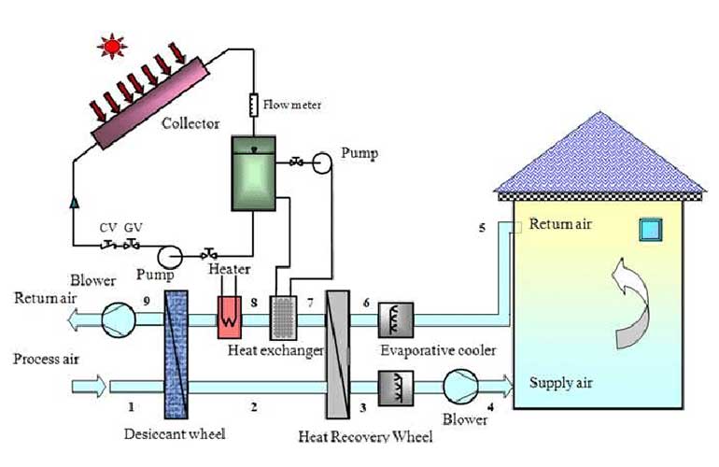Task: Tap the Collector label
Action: (x=190, y=123)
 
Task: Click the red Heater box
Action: (x=230, y=316)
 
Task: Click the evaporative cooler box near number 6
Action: (x=395, y=318)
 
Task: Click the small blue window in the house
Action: (x=650, y=230)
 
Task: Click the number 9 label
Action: (x=147, y=299)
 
